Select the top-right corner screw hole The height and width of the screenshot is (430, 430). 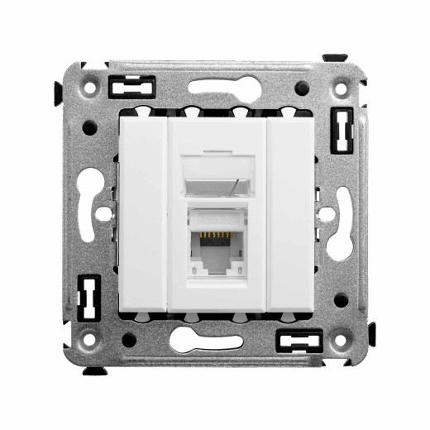(341, 84)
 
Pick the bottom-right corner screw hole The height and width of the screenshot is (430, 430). (341, 339)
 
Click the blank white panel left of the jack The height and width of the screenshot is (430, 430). (143, 215)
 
